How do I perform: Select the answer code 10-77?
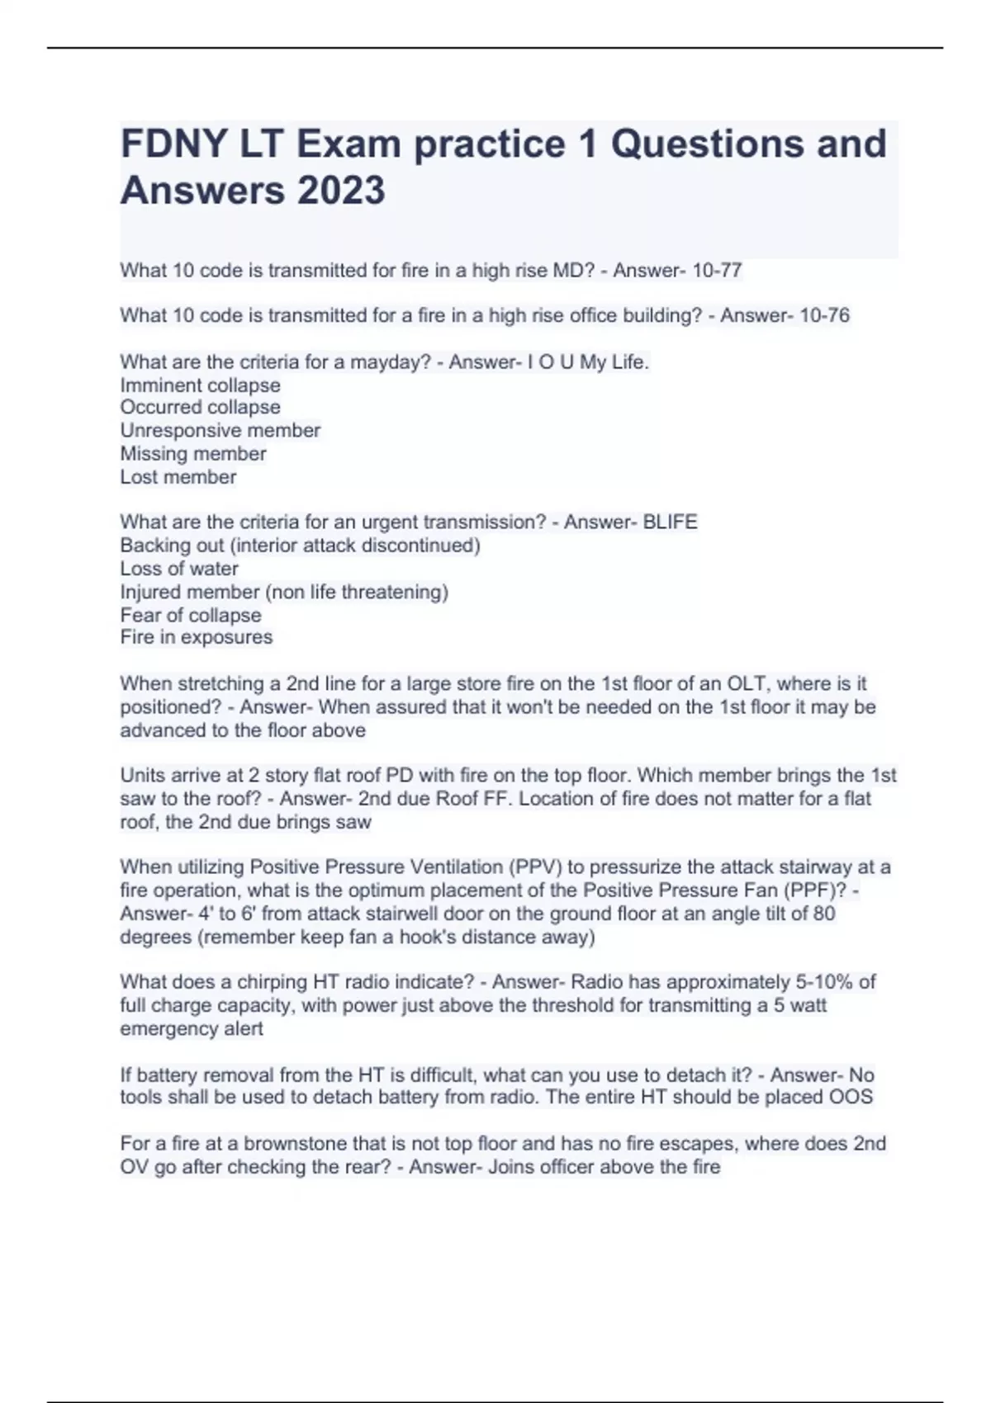click(x=718, y=270)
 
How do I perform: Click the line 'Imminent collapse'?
click(x=200, y=385)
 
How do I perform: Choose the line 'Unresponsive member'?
click(x=220, y=430)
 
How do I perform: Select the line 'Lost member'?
click(x=178, y=477)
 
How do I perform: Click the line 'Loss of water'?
click(x=179, y=569)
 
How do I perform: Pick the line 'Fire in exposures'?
click(x=196, y=637)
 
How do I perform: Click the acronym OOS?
click(x=851, y=1097)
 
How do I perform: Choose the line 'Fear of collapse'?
click(x=190, y=615)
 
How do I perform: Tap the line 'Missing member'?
click(x=193, y=454)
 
